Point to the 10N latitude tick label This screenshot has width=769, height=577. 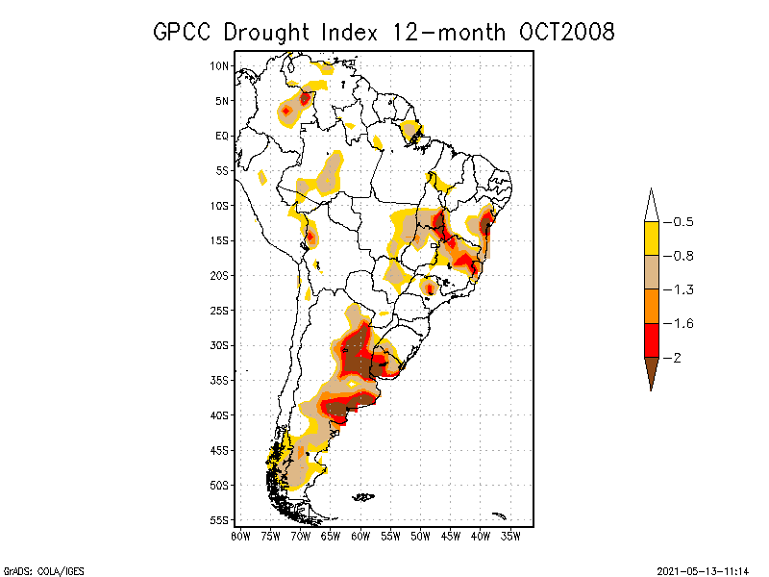point(220,66)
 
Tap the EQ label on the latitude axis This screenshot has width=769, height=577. point(222,136)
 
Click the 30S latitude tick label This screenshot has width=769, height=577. point(220,345)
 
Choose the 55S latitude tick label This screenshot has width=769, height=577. point(220,520)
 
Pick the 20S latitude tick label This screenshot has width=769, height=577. point(220,275)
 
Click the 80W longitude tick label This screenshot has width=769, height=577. point(240,536)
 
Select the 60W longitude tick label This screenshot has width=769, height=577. point(360,536)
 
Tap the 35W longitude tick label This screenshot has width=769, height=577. point(510,536)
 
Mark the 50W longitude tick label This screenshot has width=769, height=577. point(420,536)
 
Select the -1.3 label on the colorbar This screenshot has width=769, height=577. point(682,289)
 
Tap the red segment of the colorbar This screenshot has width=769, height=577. point(651,340)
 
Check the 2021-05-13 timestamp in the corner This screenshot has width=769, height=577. point(703,569)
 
